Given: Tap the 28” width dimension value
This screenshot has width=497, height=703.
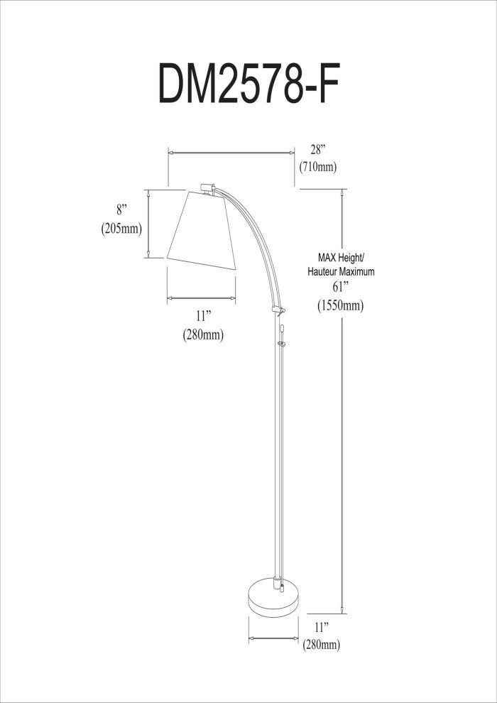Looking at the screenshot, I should [x=317, y=150].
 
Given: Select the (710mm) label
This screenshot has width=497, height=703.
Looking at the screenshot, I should [x=317, y=168].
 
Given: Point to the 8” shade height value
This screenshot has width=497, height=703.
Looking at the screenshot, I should [x=121, y=210].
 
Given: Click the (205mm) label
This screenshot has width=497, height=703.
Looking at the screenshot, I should [x=121, y=229].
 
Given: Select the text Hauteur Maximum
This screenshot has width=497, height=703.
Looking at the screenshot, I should [x=341, y=271].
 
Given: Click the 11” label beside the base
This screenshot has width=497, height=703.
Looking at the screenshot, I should [x=322, y=627].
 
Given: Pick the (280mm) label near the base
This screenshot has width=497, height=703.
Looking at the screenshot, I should [x=322, y=645].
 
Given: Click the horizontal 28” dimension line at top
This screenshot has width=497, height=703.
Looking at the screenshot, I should [x=231, y=151].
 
